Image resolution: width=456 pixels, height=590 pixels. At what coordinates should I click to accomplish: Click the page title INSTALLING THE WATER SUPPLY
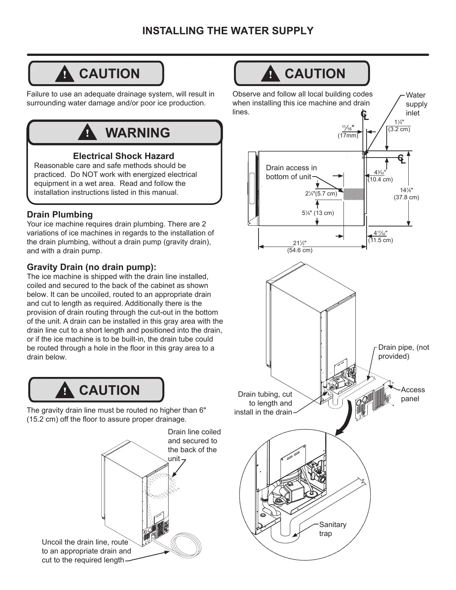pyautogui.click(x=228, y=31)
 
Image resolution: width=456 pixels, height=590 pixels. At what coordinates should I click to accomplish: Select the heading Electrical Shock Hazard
pyautogui.click(x=123, y=156)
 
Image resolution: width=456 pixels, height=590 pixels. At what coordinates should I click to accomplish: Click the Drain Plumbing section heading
pyautogui.click(x=60, y=215)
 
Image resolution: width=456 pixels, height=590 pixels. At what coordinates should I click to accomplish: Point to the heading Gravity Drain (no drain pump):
pyautogui.click(x=92, y=267)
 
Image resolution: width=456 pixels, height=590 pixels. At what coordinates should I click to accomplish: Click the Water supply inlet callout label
pyautogui.click(x=416, y=104)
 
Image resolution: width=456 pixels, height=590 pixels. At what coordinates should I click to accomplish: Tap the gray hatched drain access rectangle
pyautogui.click(x=353, y=194)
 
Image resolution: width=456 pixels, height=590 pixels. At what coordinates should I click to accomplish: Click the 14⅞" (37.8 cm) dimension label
pyautogui.click(x=406, y=194)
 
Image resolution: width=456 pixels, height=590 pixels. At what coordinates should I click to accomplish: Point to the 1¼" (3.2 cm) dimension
pyautogui.click(x=399, y=126)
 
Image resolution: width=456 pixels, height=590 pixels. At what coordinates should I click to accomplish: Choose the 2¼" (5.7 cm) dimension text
pyautogui.click(x=321, y=193)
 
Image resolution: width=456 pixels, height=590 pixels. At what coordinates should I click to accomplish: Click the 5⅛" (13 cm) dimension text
pyautogui.click(x=318, y=213)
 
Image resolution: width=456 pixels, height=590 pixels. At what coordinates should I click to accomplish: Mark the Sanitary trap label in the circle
pyautogui.click(x=332, y=529)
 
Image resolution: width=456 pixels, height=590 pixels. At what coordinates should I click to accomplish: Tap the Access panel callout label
pyautogui.click(x=412, y=394)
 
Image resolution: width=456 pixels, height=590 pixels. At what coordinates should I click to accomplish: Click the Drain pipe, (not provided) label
pyautogui.click(x=403, y=352)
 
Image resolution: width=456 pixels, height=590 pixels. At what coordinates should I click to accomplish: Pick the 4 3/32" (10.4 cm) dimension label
pyautogui.click(x=380, y=176)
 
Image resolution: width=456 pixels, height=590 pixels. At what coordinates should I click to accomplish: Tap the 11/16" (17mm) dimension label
pyautogui.click(x=348, y=131)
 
